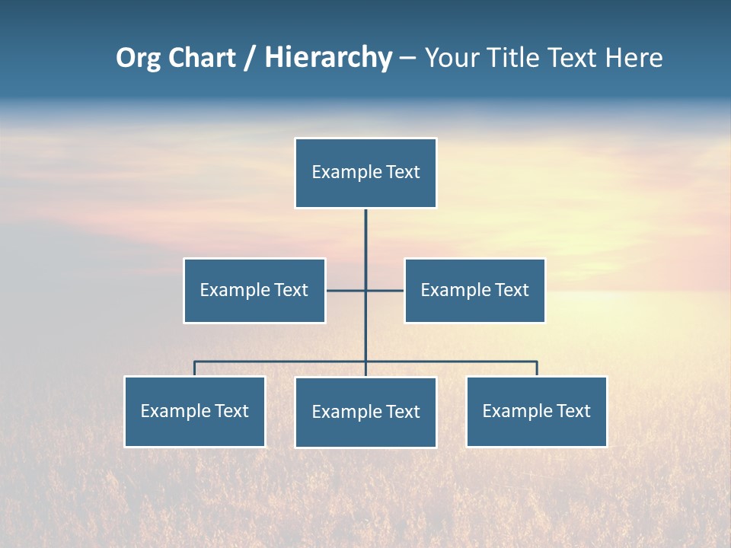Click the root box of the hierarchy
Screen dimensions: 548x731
tap(365, 173)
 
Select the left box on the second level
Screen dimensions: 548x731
tap(254, 291)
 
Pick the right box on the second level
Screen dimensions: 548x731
tap(474, 291)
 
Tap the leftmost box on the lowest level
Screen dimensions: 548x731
tap(195, 412)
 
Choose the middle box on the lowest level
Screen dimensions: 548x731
tap(365, 413)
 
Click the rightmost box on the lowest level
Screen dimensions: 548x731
tap(537, 412)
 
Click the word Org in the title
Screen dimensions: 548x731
tap(138, 58)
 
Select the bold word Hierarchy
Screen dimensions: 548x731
tap(328, 58)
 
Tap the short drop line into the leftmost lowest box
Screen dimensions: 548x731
tap(195, 369)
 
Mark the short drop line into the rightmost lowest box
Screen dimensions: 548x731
tap(537, 369)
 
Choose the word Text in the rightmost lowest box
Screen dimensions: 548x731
tap(573, 412)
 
